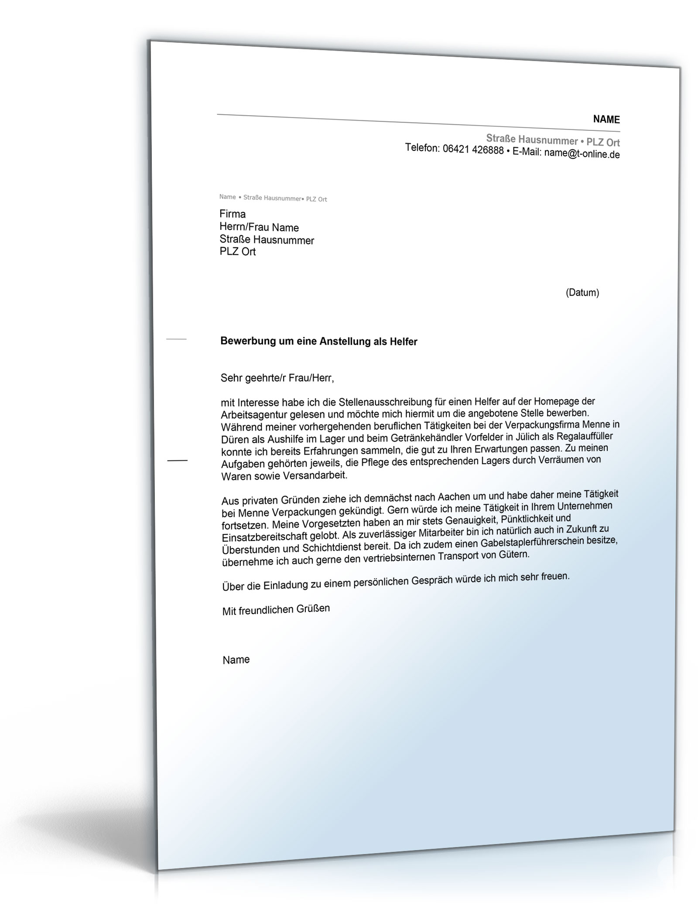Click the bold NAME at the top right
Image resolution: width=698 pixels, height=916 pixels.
pyautogui.click(x=606, y=120)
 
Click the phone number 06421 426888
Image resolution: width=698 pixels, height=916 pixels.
pyautogui.click(x=473, y=150)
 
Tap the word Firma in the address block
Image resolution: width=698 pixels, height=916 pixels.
pyautogui.click(x=233, y=214)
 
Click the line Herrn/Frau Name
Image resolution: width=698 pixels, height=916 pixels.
pyautogui.click(x=259, y=227)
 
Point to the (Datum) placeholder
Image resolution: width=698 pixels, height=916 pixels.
pyautogui.click(x=582, y=293)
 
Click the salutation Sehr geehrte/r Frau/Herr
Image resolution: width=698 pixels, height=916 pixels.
pyautogui.click(x=277, y=378)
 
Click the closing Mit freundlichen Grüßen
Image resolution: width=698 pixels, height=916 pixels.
pyautogui.click(x=276, y=609)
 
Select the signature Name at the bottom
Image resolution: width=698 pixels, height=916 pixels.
pyautogui.click(x=236, y=660)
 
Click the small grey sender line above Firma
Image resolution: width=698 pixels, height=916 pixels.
pyautogui.click(x=273, y=198)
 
